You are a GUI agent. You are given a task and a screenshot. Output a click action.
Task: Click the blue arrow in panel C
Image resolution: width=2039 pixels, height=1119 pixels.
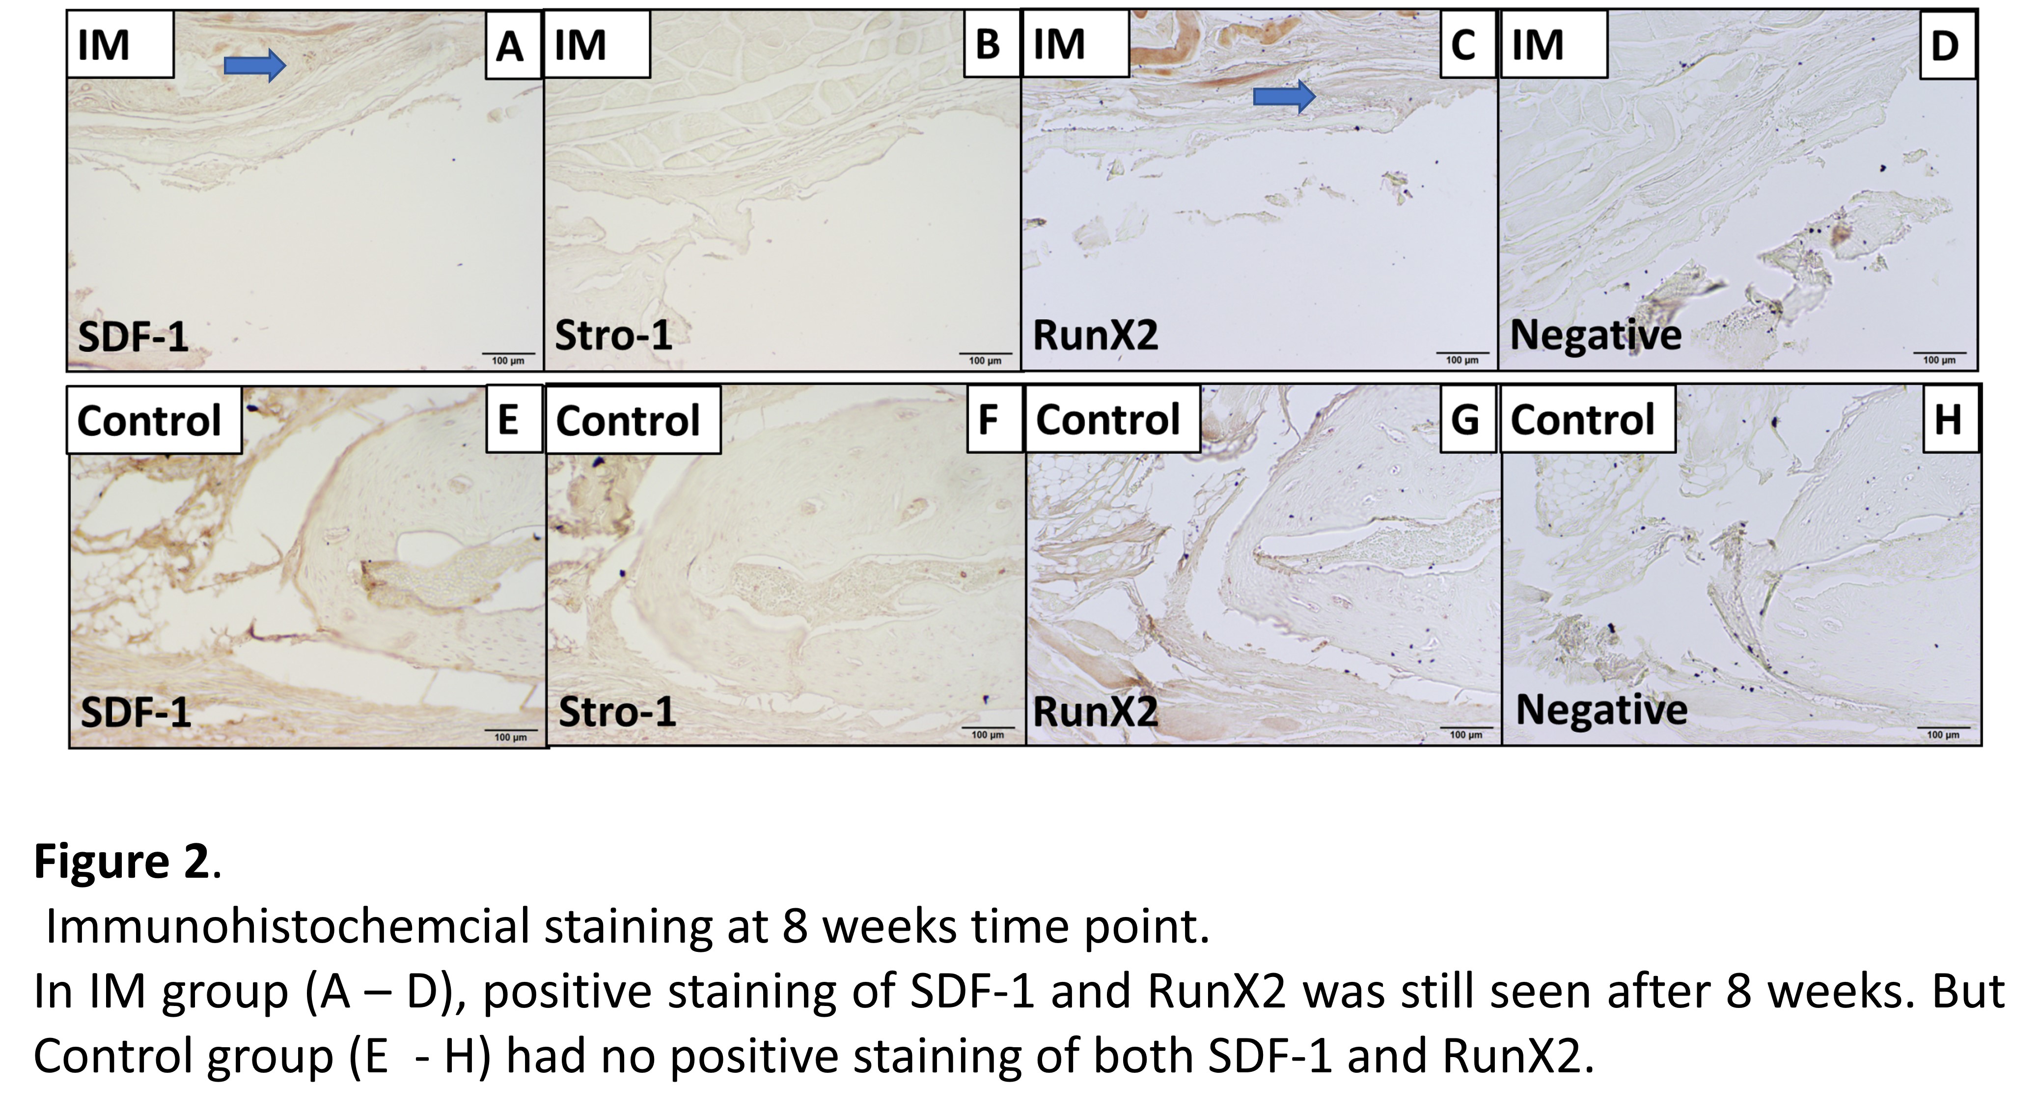coord(1284,97)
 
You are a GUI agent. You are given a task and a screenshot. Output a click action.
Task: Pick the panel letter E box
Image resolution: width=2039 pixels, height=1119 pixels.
coord(511,420)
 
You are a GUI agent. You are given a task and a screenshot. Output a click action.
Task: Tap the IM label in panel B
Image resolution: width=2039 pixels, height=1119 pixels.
coord(597,44)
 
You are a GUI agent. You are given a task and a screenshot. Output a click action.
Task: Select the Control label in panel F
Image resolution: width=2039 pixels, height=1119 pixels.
coord(633,420)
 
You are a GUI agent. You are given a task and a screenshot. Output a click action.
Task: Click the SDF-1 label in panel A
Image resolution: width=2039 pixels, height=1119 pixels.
coord(133,337)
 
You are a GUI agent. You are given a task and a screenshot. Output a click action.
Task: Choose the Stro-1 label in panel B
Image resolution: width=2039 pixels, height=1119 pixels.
coord(613,336)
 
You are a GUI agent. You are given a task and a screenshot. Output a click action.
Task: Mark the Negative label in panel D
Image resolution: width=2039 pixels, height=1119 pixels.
coord(1595,335)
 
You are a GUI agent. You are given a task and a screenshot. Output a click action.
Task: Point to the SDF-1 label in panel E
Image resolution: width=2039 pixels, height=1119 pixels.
coord(136,713)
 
